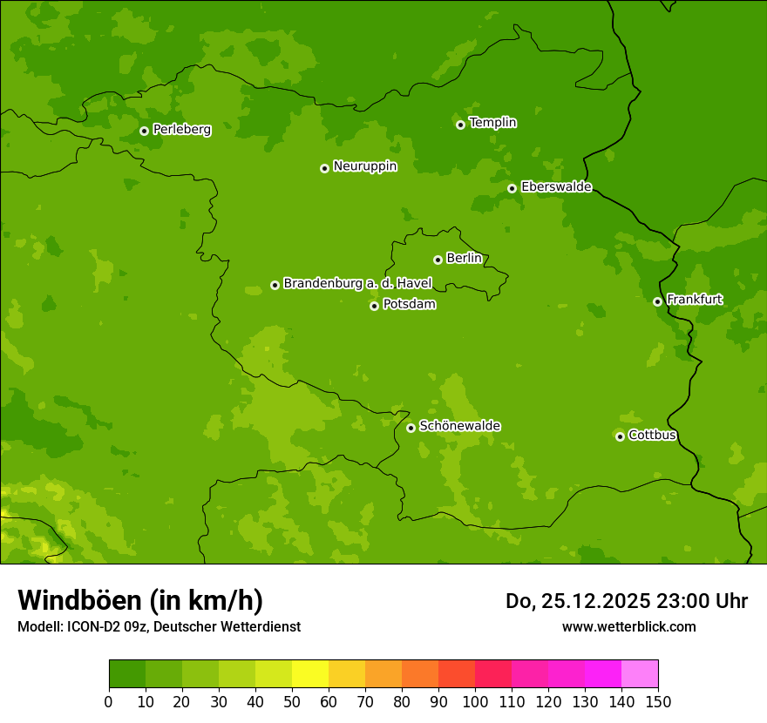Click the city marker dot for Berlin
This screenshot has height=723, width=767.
point(438,260)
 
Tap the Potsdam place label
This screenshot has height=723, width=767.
point(409,304)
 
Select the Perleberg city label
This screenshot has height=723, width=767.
point(181,130)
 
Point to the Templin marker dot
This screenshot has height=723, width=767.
point(460,125)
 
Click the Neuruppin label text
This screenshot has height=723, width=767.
point(364,166)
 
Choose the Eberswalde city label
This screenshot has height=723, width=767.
point(556,186)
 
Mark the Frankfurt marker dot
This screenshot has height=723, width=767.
point(657,301)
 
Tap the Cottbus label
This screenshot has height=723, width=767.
point(652,435)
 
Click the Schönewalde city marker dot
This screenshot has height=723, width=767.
point(411,428)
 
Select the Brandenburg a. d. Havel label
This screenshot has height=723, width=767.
point(357,283)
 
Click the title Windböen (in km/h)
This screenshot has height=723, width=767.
point(140,600)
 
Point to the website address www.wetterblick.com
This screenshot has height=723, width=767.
point(628,626)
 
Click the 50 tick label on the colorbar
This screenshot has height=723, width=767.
point(292,701)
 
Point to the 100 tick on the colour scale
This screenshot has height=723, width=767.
point(475,701)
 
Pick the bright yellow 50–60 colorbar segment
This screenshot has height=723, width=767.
point(310,674)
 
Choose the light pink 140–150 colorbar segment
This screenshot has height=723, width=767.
point(640,674)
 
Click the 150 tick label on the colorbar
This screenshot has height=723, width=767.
point(658,701)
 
